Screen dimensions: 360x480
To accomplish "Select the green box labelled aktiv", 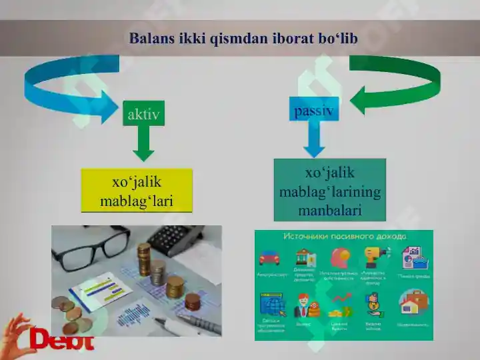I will pos(143,115).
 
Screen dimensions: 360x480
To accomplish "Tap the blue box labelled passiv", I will pos(314,109).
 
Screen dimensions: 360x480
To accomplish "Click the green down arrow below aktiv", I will pos(143,145).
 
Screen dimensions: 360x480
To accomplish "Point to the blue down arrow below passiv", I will pos(313,141).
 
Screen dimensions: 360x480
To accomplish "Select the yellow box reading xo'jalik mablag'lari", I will pos(137,191).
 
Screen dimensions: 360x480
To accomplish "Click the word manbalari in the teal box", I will pos(329,211).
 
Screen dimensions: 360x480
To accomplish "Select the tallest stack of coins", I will pos(144,260).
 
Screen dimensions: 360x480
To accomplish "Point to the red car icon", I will pos(269,257).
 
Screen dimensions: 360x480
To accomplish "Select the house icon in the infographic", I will pos(413,303).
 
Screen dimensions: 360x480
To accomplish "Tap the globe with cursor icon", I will pos(273,305).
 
